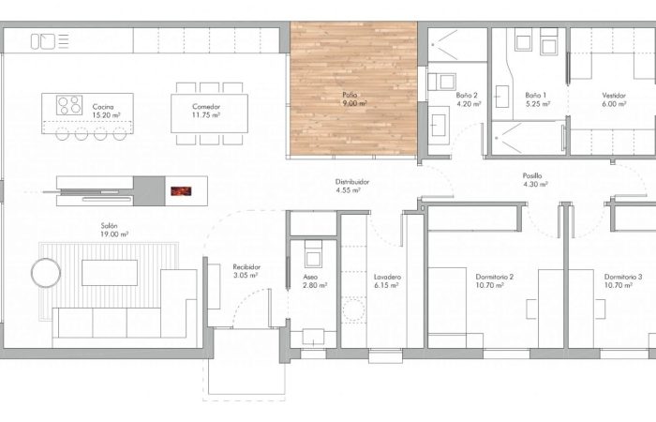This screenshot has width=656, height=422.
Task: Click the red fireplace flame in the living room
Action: (181, 191)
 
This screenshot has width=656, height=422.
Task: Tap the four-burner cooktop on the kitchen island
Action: (69, 105)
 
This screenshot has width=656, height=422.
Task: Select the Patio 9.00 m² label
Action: (354, 99)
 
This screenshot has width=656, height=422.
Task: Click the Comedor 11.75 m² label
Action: (206, 111)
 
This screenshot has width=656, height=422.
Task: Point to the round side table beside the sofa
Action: (46, 273)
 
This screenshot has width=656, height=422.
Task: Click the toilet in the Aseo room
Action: (313, 254)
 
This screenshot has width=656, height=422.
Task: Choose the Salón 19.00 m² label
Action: (113, 231)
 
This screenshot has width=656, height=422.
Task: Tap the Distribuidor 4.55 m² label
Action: (351, 186)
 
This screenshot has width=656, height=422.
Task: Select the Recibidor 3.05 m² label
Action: (246, 271)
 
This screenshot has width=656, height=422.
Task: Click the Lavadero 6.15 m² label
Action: (387, 281)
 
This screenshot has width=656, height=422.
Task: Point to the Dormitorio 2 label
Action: (494, 278)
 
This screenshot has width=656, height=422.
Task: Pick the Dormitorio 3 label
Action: (623, 278)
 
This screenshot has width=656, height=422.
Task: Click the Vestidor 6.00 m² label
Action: (614, 99)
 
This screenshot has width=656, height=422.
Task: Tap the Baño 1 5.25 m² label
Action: (537, 99)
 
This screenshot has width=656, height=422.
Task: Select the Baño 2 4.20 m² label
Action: (469, 99)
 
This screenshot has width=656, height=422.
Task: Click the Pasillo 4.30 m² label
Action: (535, 180)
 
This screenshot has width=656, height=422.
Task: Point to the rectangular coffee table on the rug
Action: (110, 273)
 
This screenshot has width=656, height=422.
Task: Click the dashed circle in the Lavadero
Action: (353, 309)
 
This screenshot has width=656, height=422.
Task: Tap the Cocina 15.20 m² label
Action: (106, 111)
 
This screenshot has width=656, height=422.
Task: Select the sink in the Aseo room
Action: (313, 337)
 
